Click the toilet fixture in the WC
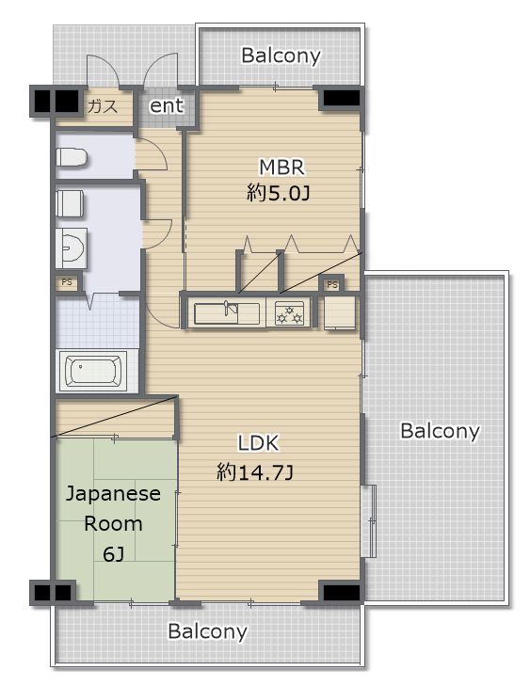(72, 157)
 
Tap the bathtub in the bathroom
(93, 371)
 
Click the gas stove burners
(289, 313)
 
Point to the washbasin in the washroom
(71, 248)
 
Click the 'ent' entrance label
(167, 106)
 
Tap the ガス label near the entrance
(103, 106)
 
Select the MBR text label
(281, 168)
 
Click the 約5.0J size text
(279, 193)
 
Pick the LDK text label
(258, 443)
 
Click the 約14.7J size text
(255, 472)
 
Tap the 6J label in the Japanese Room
(113, 554)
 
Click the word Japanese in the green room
(113, 494)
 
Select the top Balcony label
(281, 56)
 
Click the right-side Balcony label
(440, 431)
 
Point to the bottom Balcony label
(207, 631)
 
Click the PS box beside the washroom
(67, 282)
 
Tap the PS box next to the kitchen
(332, 284)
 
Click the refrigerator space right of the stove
(340, 312)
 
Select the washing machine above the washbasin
(70, 203)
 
